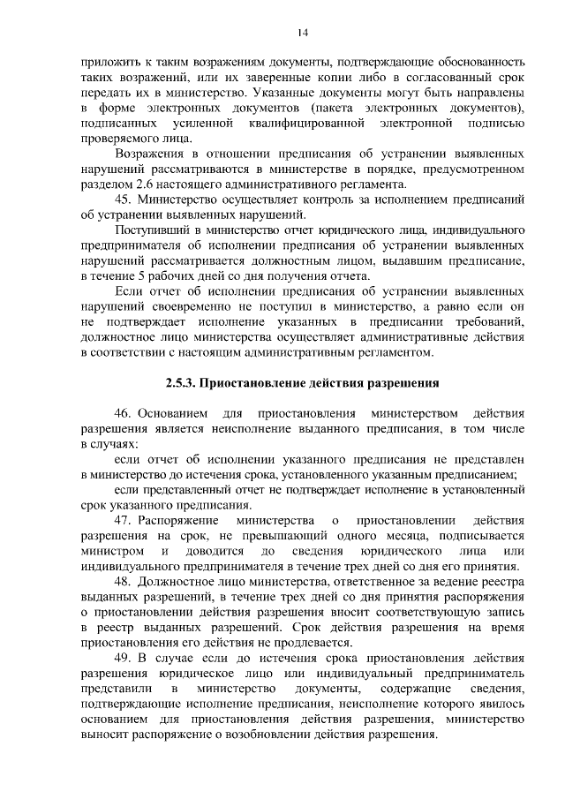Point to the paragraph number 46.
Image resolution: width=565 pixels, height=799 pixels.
(124, 413)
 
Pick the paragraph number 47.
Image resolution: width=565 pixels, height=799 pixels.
(124, 521)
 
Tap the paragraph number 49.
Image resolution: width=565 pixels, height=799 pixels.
(124, 659)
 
